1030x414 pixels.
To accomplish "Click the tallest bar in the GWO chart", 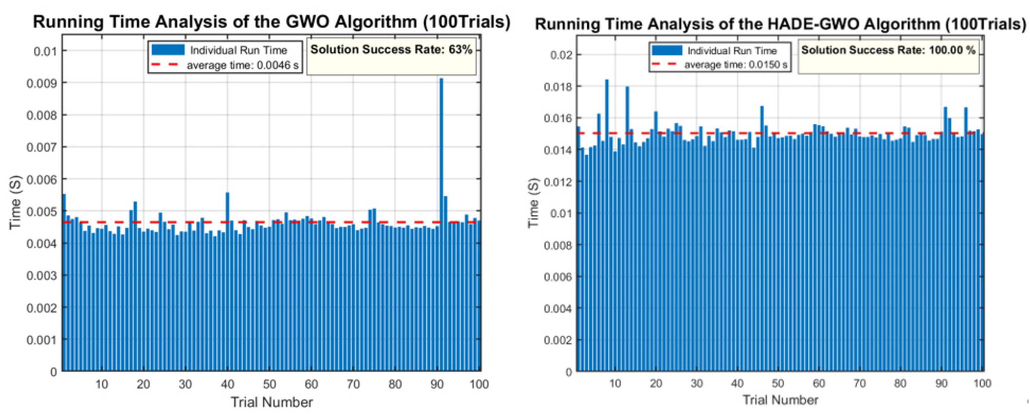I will click(x=441, y=224).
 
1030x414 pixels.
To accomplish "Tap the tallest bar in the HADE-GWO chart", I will click(x=607, y=224).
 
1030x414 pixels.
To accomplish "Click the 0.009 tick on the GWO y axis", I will click(x=41, y=83).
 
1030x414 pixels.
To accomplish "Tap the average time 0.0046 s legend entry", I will click(x=242, y=65).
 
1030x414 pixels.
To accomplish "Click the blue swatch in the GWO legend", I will click(x=168, y=50).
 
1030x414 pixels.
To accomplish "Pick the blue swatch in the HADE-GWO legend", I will click(x=667, y=50).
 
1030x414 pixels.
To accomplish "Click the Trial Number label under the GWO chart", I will click(x=272, y=402).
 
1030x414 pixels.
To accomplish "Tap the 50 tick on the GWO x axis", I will click(x=269, y=384).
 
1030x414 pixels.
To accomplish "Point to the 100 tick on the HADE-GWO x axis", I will click(x=982, y=384).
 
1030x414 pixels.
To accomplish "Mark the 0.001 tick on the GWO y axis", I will click(x=41, y=340).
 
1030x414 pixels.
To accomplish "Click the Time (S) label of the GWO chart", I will click(x=15, y=203).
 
